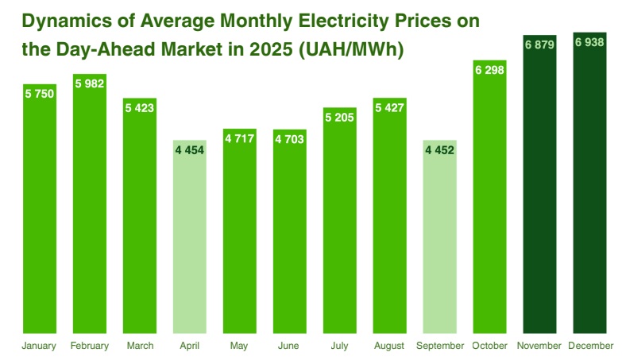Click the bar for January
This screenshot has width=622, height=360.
click(x=39, y=215)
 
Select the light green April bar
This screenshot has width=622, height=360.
click(x=189, y=238)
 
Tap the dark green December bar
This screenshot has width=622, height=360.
click(x=589, y=191)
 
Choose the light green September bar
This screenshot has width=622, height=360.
click(x=439, y=238)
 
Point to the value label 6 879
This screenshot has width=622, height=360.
click(x=539, y=45)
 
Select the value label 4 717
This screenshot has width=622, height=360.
click(x=239, y=139)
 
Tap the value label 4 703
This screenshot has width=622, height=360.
click(x=289, y=139)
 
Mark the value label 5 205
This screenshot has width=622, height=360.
click(x=339, y=118)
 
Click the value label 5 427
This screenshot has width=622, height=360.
click(x=389, y=108)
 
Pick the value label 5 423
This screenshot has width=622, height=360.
click(x=139, y=108)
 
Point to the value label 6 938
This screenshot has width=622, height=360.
click(x=589, y=44)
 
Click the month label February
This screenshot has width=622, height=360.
click(x=89, y=346)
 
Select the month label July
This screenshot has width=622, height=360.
click(x=339, y=346)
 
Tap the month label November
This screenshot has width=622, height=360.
click(x=539, y=346)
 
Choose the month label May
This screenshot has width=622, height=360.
click(x=239, y=346)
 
